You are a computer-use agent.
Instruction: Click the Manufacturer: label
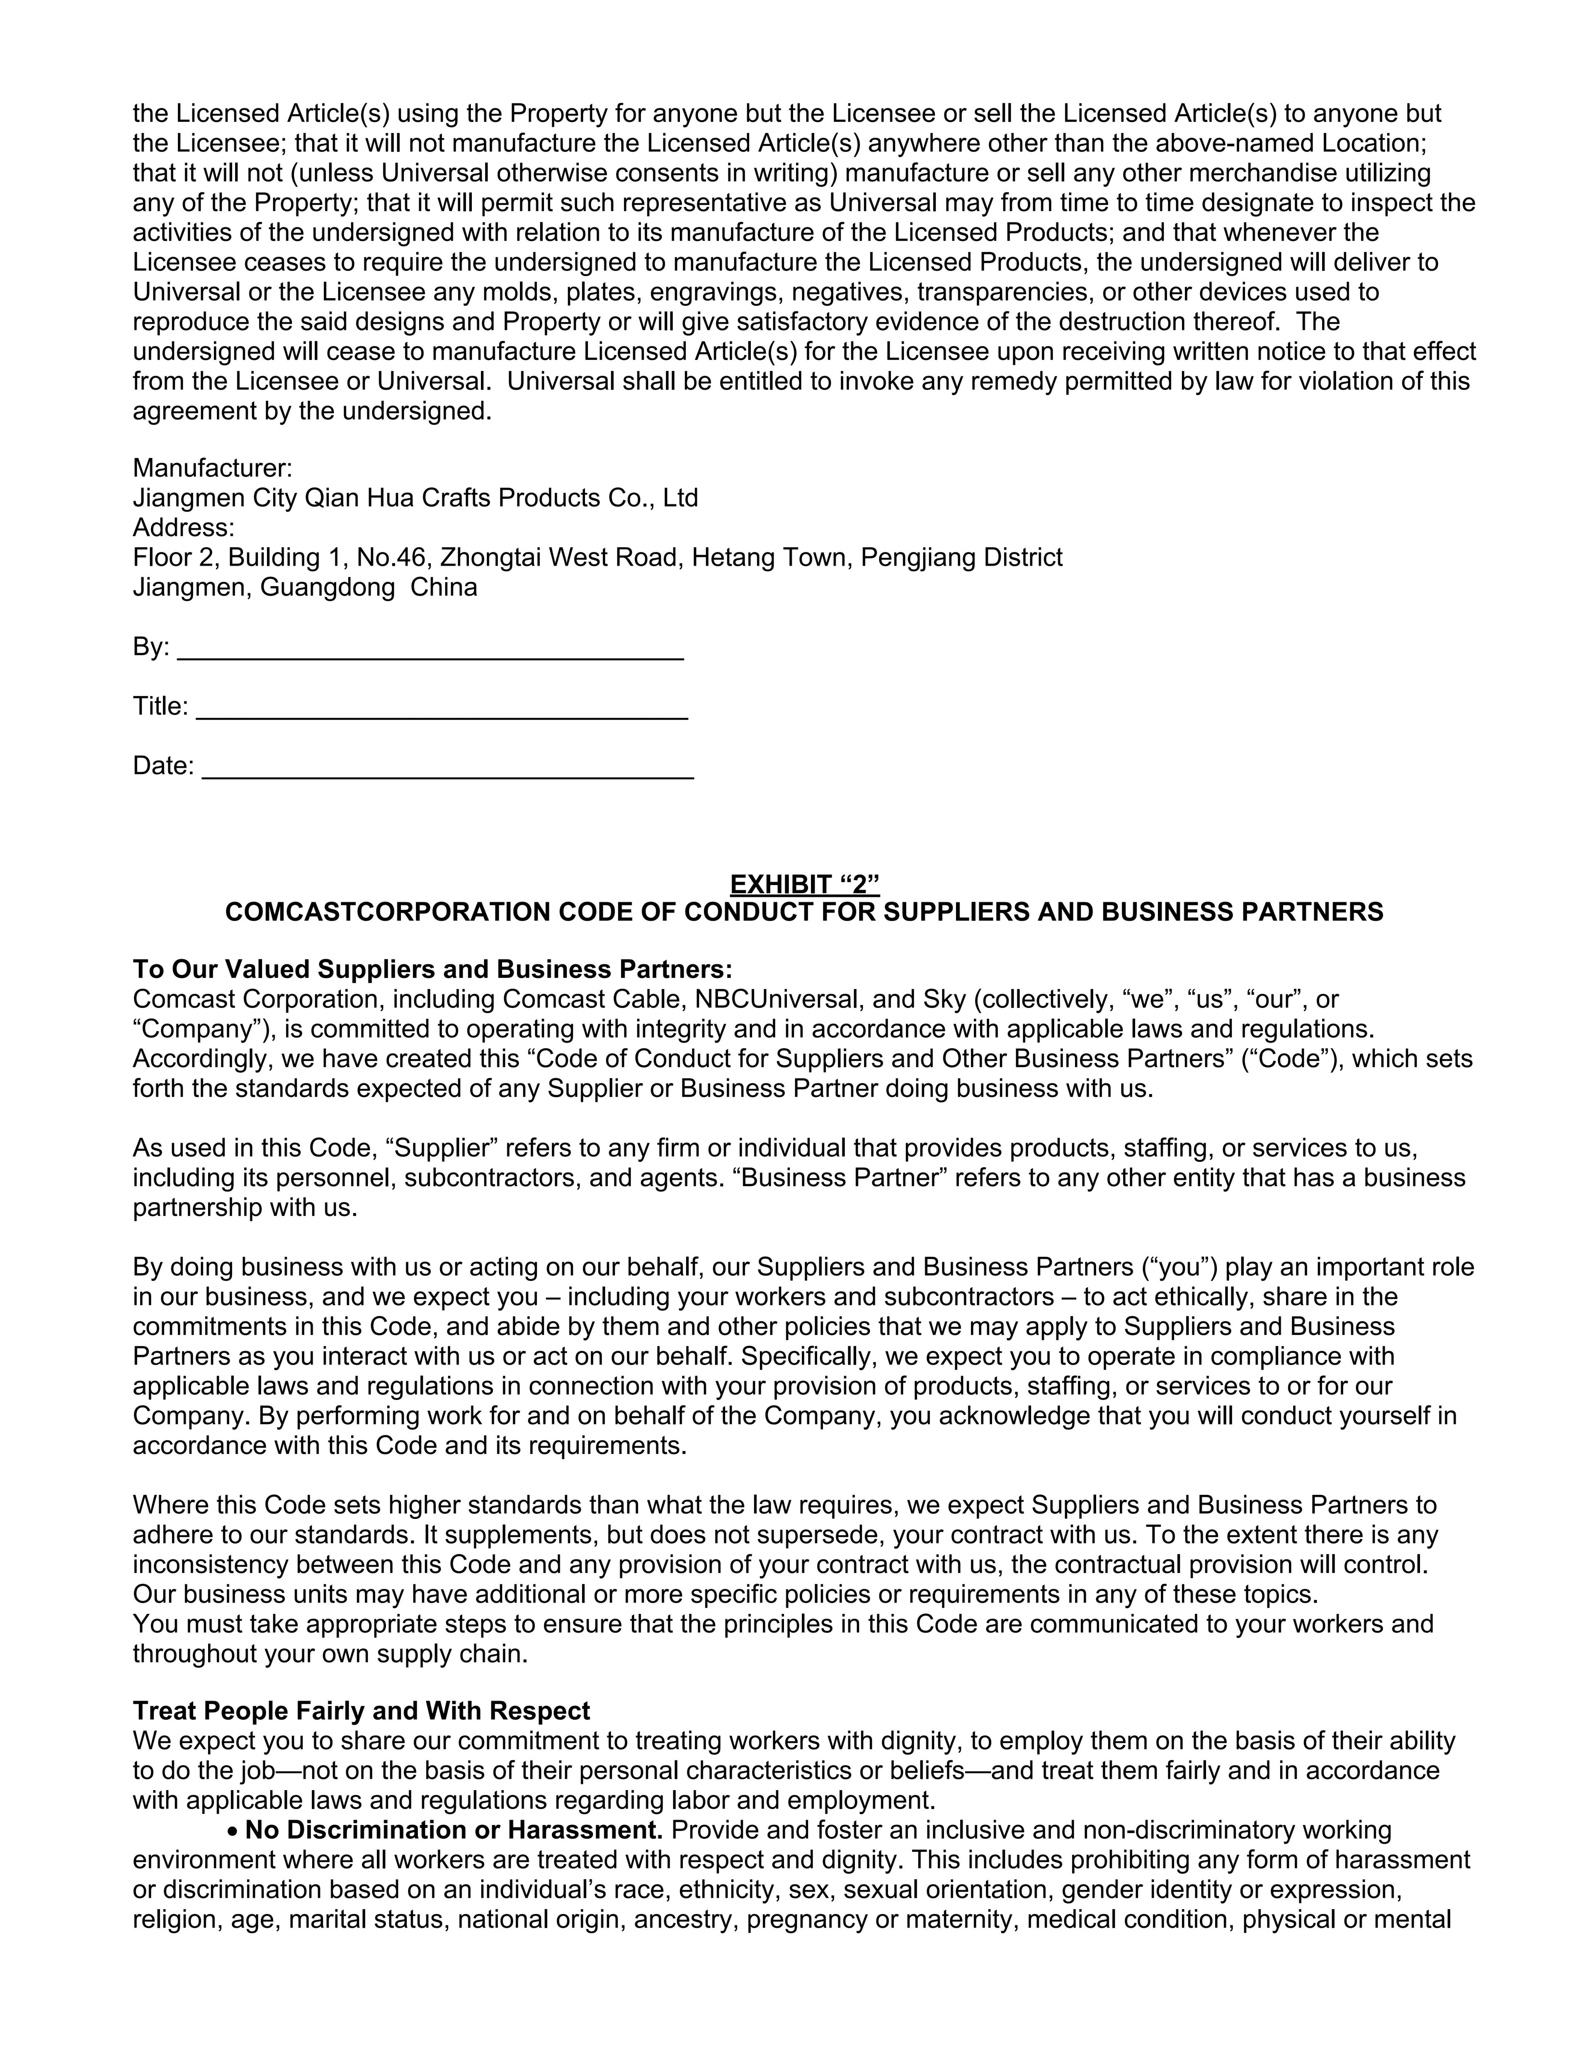pyautogui.click(x=212, y=468)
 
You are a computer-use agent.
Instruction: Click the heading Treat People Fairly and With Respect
pyautogui.click(x=361, y=1711)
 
